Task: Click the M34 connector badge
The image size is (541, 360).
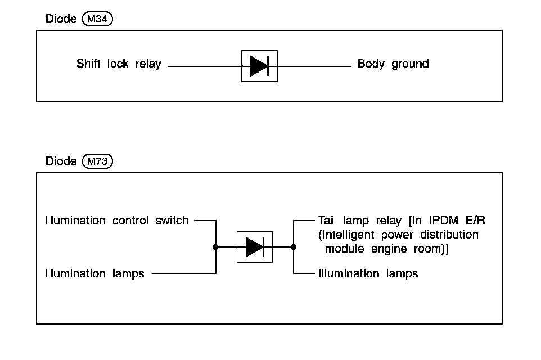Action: point(97,19)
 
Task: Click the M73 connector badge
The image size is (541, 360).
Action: point(97,161)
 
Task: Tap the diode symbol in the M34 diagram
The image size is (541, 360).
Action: point(259,66)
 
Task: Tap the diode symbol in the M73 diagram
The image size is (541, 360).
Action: point(254,246)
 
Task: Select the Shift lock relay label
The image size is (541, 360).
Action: point(119,64)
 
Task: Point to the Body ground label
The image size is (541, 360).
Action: point(393,64)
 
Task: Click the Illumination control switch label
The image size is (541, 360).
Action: point(116,220)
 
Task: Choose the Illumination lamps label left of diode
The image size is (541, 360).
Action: point(94,274)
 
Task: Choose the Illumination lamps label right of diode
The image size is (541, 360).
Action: point(368,274)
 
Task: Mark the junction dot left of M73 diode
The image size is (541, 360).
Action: point(216,246)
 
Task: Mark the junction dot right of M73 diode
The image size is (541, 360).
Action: point(294,246)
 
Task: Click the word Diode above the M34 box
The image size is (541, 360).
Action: point(61,19)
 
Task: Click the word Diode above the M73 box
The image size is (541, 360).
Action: point(61,161)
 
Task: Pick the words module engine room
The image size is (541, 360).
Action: point(385,248)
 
